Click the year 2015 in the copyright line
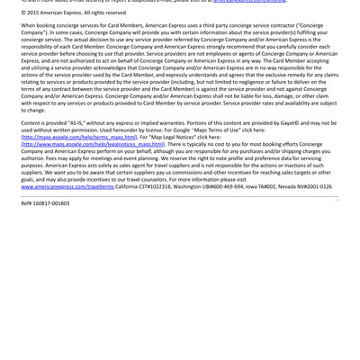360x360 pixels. [x=37, y=13]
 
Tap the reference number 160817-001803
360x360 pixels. [x=49, y=203]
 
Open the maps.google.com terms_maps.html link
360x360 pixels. [x=79, y=137]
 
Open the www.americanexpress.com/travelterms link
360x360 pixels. [x=67, y=186]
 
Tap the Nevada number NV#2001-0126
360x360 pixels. [x=310, y=186]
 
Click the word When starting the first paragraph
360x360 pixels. [x=31, y=25]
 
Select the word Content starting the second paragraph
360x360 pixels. [x=32, y=123]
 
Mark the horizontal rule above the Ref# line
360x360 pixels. [x=180, y=195]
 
